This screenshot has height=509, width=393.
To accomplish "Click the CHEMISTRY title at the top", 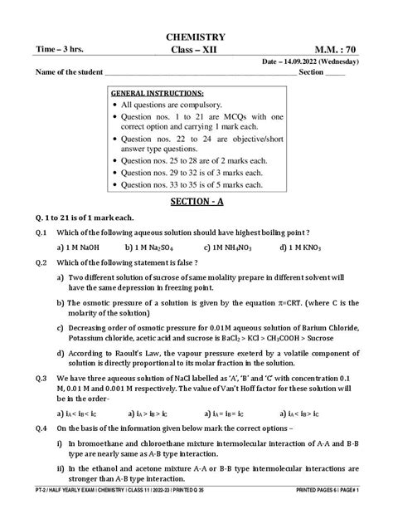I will (196, 37).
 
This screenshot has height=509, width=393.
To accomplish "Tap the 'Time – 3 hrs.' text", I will (61, 50).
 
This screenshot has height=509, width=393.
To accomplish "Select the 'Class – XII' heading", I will (196, 50).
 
